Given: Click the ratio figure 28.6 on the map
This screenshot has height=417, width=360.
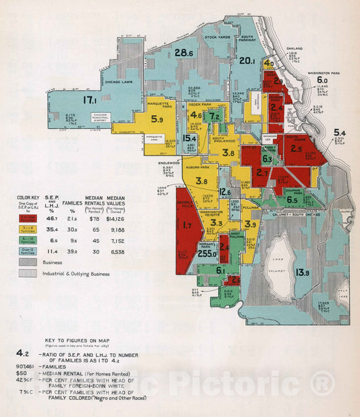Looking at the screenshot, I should tap(184, 53).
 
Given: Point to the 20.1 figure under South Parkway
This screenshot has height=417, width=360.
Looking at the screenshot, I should tap(247, 60).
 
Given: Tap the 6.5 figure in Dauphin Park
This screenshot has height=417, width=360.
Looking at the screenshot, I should tap(292, 200).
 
